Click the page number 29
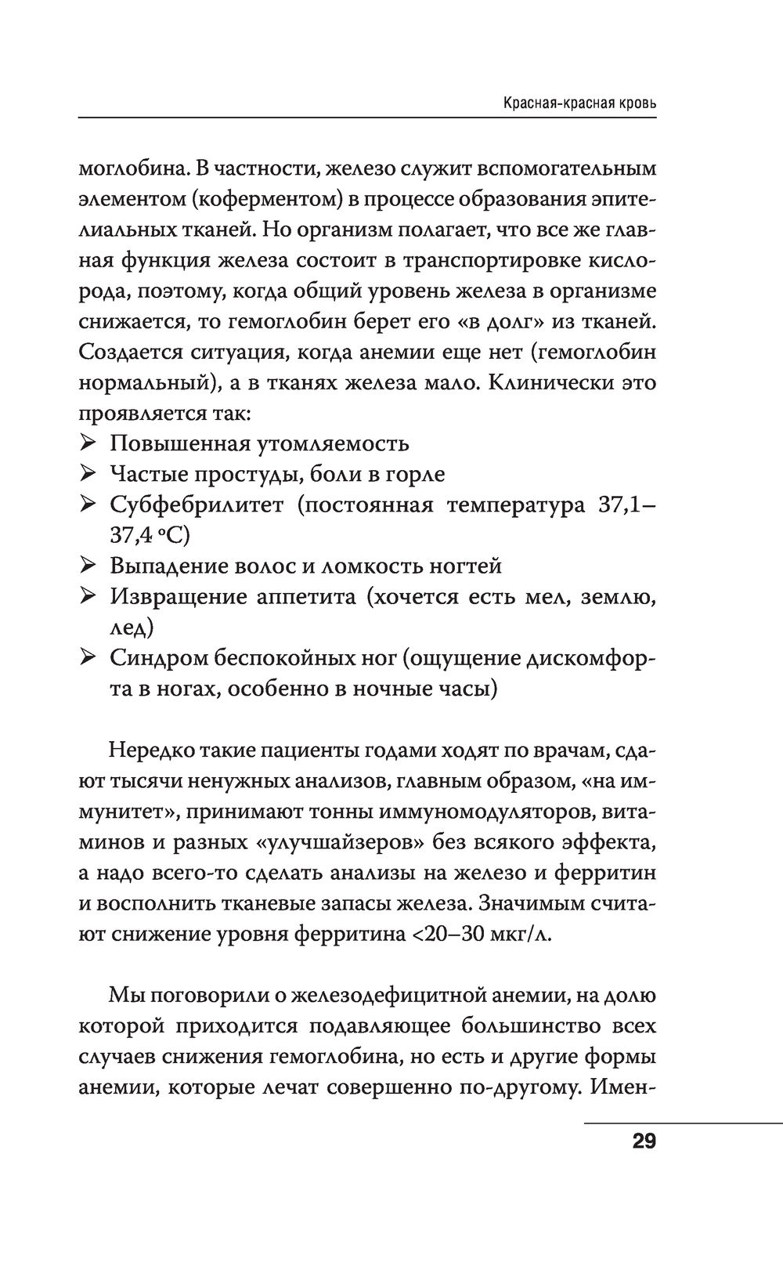pos(644,1141)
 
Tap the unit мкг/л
pos(525,935)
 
